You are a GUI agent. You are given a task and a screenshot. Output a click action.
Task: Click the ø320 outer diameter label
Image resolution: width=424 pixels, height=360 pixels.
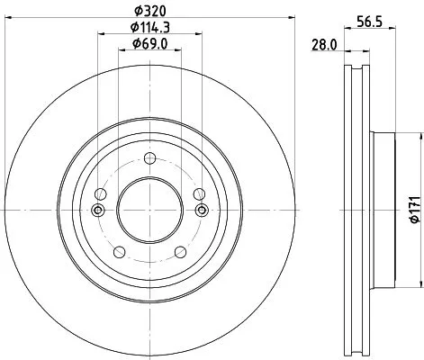[x=150, y=10]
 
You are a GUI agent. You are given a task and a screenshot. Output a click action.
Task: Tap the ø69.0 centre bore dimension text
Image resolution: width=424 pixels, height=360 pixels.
[x=150, y=43]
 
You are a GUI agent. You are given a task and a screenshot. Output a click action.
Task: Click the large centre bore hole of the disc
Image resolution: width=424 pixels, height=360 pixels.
[x=150, y=209]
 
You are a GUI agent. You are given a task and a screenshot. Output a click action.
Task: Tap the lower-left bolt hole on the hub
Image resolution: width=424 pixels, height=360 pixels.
[x=117, y=253]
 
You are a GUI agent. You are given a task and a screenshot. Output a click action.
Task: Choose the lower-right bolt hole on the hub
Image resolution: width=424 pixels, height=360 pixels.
[x=184, y=253]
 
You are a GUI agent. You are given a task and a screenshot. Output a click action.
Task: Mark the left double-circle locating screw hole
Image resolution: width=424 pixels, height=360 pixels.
[x=98, y=210]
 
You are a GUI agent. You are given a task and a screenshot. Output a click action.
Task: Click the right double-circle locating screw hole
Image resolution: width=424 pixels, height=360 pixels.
[x=203, y=210]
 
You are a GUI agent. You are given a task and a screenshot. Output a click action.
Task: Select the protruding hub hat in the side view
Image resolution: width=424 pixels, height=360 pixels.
[x=382, y=210]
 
